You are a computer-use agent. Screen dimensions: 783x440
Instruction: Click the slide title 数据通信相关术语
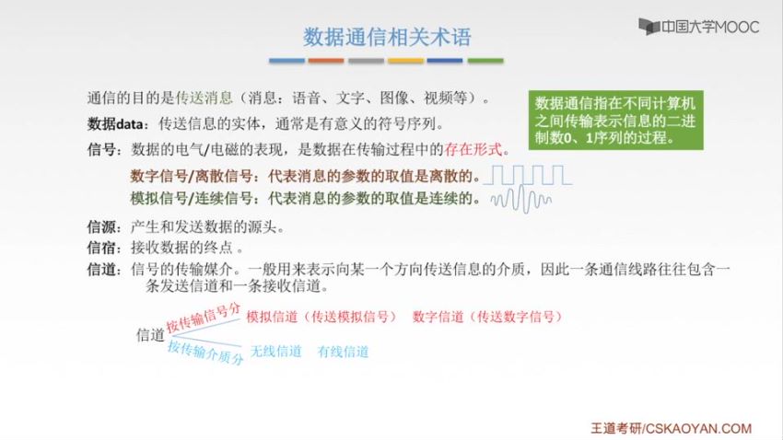click(x=387, y=38)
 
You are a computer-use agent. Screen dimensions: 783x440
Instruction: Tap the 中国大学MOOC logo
click(x=698, y=27)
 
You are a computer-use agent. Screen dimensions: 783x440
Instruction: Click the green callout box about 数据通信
click(x=615, y=121)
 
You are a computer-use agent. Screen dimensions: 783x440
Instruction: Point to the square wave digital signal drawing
click(x=529, y=175)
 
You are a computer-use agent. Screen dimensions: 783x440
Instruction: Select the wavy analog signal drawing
click(x=520, y=200)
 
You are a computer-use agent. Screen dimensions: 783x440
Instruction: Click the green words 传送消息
click(x=205, y=98)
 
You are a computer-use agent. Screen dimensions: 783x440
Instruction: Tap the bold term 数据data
click(x=115, y=123)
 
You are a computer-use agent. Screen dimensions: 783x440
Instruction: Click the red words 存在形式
click(x=473, y=149)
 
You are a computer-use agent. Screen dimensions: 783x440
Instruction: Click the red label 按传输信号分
click(x=204, y=318)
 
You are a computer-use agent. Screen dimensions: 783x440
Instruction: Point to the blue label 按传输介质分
click(x=205, y=353)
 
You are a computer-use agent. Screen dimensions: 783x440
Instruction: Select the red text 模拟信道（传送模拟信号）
click(x=321, y=317)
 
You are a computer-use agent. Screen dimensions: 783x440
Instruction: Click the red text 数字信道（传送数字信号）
click(x=488, y=317)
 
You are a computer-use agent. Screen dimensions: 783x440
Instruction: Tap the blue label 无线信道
click(x=275, y=352)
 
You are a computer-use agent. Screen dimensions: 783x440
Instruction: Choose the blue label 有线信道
click(x=343, y=352)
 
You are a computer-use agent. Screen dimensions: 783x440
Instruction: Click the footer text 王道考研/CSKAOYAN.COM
click(x=672, y=428)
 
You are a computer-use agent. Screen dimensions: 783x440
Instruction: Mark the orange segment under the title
click(x=326, y=61)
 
